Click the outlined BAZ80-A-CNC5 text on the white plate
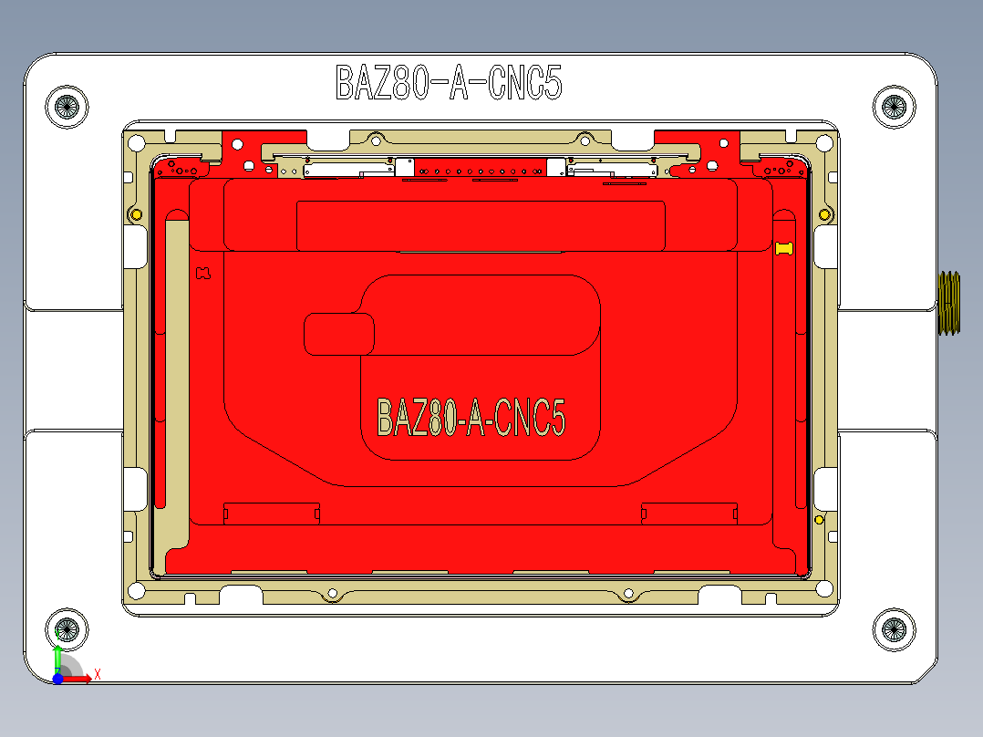[x=449, y=83]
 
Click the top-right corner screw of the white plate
[x=894, y=107]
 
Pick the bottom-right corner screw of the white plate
[x=894, y=628]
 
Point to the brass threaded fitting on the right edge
[x=949, y=303]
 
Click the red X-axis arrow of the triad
[x=78, y=678]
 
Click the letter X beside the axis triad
[x=98, y=674]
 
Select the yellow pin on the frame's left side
[x=137, y=214]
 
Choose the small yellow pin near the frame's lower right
[x=819, y=519]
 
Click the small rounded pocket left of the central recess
[x=338, y=334]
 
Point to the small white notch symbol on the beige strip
[x=203, y=273]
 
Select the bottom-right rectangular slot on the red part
[x=688, y=514]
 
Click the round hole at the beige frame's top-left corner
[x=137, y=143]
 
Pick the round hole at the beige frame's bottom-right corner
[x=826, y=588]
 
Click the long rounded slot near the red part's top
[x=481, y=225]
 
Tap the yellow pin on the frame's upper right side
[x=824, y=214]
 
